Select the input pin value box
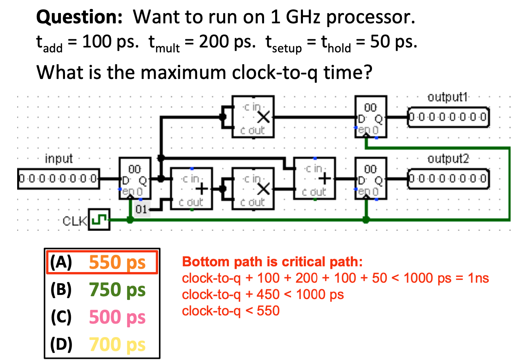pos(58,178)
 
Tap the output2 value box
pos(448,178)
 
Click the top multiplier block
pos(253,117)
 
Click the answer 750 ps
pos(117,290)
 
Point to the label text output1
pos(448,98)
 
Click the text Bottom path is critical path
pos(272,262)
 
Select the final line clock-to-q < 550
pos(231,311)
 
